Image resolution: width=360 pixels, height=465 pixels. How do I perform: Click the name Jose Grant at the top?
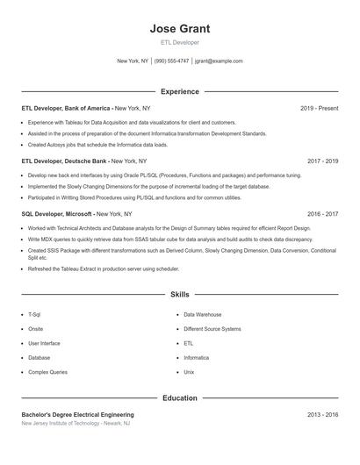tap(179, 28)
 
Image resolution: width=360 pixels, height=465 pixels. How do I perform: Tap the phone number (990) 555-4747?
tap(171, 61)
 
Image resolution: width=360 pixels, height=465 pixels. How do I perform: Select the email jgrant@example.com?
tap(219, 61)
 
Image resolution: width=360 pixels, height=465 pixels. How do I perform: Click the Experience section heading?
tap(179, 91)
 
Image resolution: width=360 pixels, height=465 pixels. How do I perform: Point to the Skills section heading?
tap(179, 295)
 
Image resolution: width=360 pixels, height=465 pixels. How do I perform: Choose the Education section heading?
tap(179, 397)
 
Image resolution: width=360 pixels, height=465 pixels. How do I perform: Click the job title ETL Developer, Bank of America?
tap(66, 108)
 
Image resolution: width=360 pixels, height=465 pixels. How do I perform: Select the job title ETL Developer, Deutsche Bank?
tap(64, 161)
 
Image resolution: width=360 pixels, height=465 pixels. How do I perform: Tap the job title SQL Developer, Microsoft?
tap(56, 213)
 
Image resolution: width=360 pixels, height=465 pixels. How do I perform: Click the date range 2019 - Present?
tap(319, 108)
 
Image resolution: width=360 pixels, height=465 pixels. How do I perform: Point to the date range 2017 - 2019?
tap(322, 161)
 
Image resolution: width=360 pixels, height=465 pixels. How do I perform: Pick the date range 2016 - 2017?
tap(322, 213)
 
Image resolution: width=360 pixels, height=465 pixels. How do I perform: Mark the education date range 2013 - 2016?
tap(322, 414)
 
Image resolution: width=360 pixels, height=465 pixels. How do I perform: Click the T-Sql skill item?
tap(34, 314)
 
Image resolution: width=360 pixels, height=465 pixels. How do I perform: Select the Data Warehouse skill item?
tap(202, 314)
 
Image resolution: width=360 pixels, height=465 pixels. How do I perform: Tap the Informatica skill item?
tap(196, 358)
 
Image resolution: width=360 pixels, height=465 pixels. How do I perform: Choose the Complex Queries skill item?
tap(47, 372)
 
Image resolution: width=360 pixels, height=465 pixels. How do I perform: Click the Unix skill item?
tap(189, 372)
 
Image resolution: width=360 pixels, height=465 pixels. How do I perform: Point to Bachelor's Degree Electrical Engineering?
tap(77, 414)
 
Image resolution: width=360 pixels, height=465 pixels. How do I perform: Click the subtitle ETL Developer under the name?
tap(179, 42)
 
